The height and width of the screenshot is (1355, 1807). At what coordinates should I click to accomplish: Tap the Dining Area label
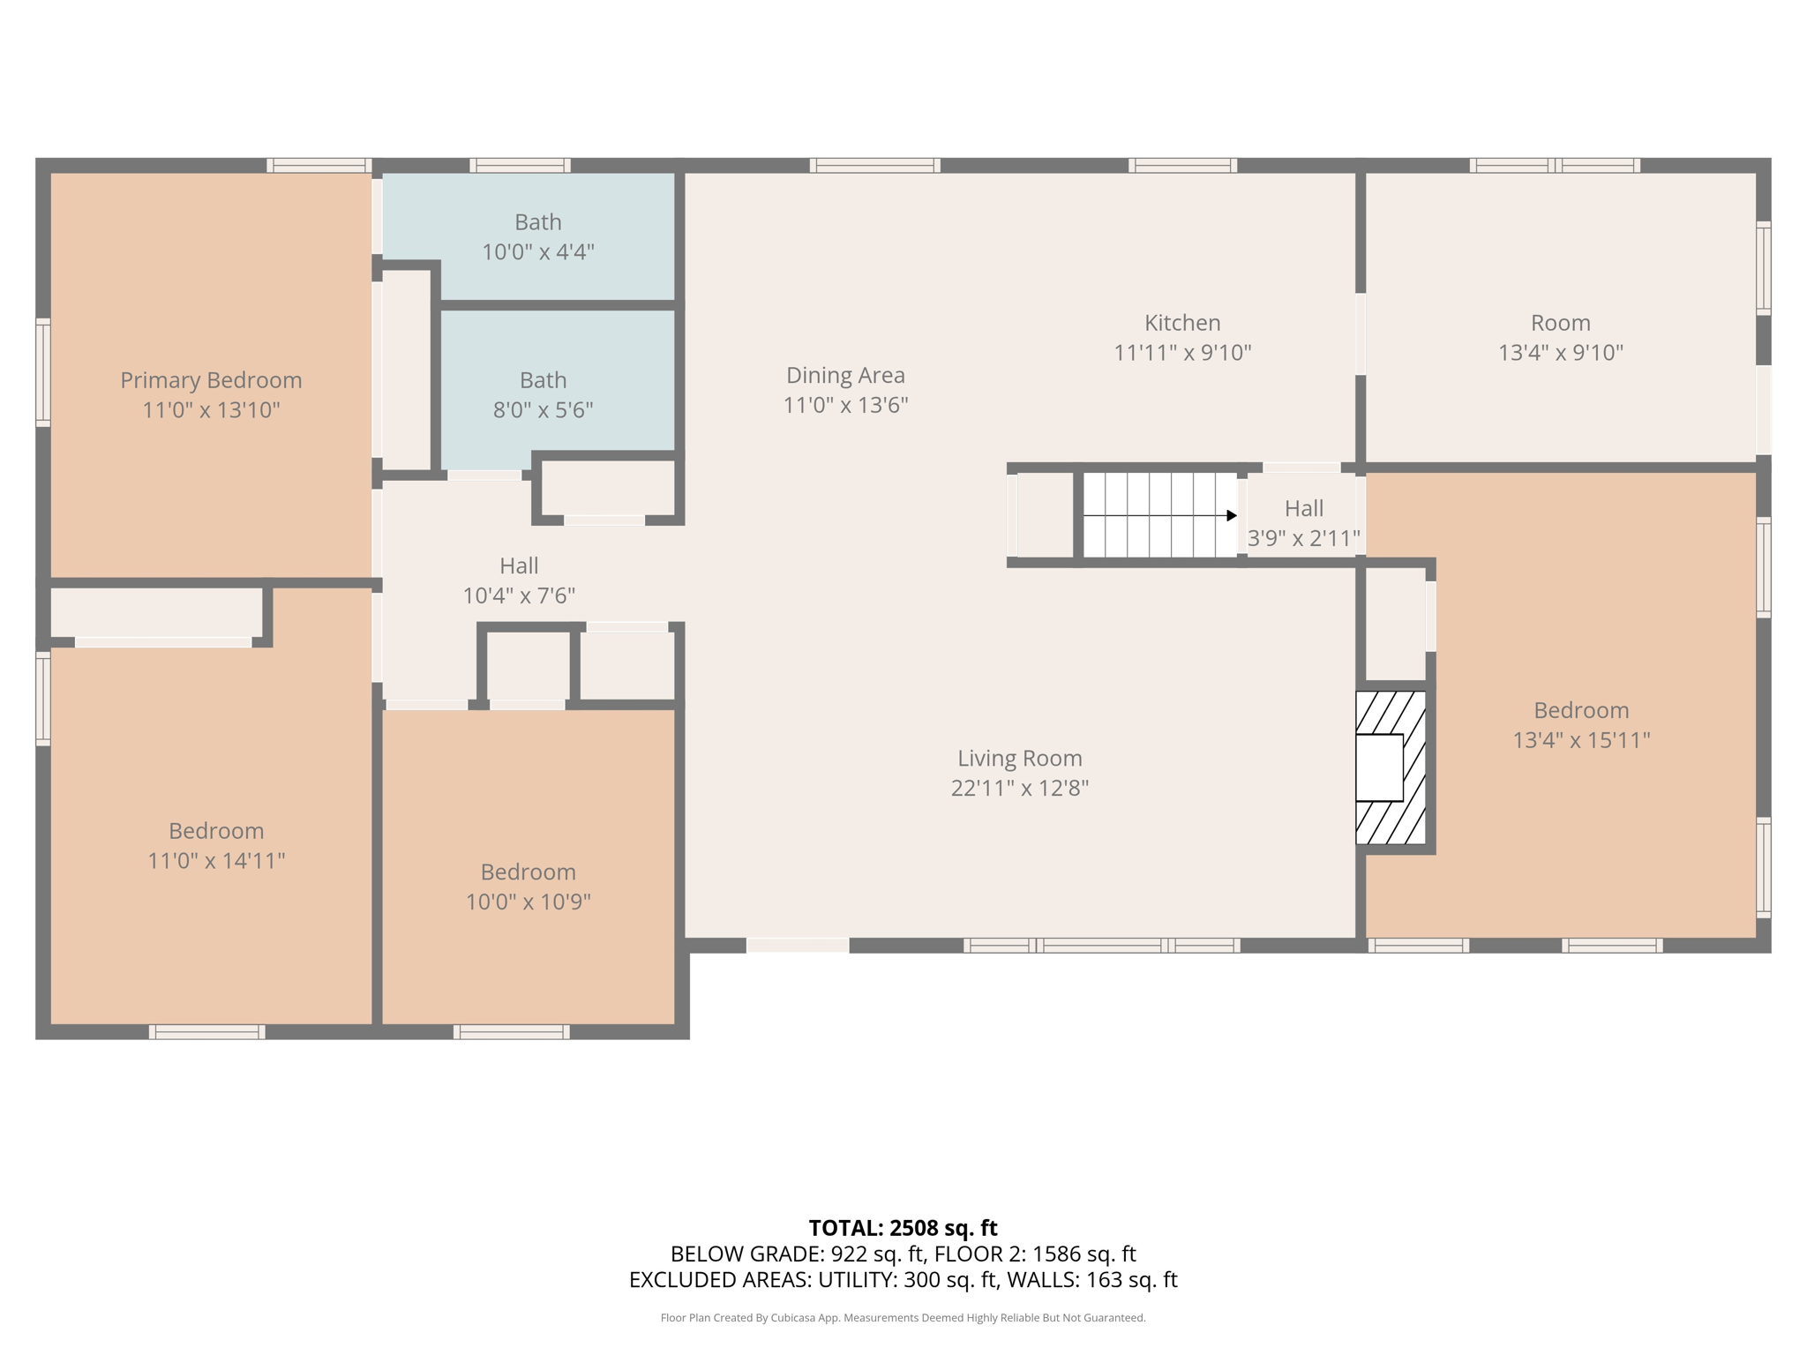845,375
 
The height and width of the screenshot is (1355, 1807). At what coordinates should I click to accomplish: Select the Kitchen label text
1182,323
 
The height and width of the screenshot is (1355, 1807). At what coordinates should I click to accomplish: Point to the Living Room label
1020,758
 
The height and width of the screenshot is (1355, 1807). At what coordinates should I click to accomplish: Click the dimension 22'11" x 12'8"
1020,788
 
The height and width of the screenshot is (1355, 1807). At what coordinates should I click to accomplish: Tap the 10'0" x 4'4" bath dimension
538,252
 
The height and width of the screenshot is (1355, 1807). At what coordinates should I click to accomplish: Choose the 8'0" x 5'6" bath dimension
543,410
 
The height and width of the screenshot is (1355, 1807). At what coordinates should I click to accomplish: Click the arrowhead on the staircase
1232,515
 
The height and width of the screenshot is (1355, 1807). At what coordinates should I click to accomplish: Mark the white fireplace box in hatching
1379,767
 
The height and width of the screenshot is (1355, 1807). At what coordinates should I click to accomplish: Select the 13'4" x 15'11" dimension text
1581,740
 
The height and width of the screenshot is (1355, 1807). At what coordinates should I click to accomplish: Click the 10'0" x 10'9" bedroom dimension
528,902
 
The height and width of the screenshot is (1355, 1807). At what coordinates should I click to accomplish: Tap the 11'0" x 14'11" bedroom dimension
216,860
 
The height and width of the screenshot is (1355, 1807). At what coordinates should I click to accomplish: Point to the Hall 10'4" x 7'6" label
519,580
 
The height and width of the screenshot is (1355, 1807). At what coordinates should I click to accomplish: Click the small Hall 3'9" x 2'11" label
1303,523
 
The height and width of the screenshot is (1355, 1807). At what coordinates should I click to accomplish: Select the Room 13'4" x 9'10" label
1561,338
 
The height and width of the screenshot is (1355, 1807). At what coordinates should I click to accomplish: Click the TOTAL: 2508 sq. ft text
903,1228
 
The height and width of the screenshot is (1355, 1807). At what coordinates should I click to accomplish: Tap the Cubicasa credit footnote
903,1318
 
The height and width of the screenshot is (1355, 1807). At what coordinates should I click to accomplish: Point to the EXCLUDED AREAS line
903,1280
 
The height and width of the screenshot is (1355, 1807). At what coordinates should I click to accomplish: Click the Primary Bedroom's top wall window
319,165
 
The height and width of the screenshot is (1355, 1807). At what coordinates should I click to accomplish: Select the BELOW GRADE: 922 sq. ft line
903,1254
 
